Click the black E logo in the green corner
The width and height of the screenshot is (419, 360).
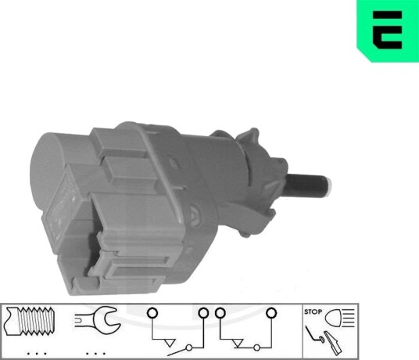click(388, 30)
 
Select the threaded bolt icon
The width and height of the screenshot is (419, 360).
click(30, 321)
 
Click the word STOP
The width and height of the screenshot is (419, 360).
click(313, 311)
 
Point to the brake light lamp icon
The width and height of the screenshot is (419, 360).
click(339, 318)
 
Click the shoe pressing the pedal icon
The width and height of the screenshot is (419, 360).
click(332, 343)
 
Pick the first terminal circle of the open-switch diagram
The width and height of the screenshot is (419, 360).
click(152, 313)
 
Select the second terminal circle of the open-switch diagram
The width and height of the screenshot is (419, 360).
click(203, 312)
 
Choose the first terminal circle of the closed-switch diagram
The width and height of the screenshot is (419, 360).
click(220, 313)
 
